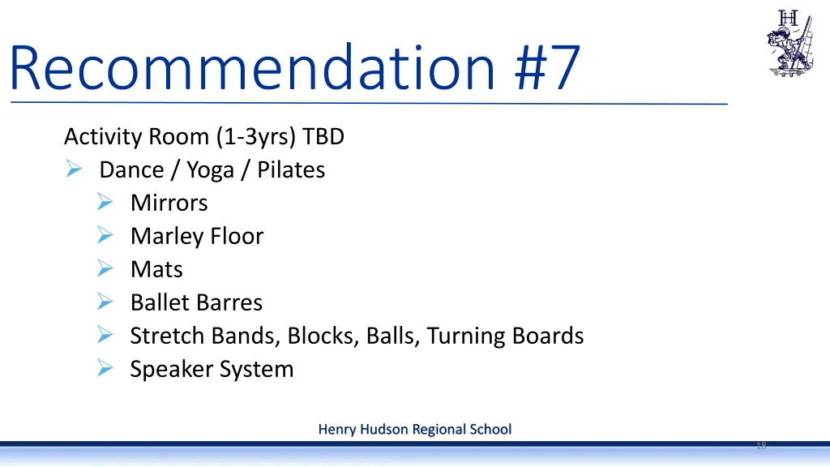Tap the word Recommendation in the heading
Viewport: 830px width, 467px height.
251,69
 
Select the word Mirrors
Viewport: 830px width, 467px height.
169,203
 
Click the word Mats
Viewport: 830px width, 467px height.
156,269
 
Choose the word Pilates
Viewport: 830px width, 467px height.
291,169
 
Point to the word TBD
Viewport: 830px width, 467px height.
323,137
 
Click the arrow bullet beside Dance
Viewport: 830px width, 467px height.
73,169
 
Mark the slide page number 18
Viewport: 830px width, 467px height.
761,446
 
